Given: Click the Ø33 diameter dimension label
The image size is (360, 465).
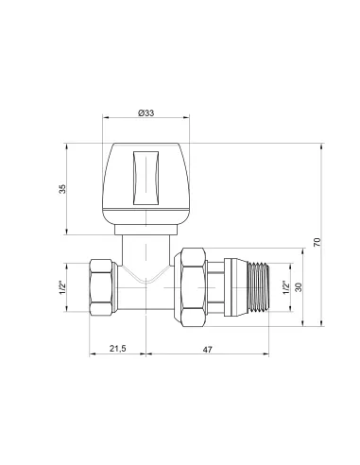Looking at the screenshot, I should click(146, 113).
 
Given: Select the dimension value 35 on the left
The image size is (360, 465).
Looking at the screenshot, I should click(63, 189).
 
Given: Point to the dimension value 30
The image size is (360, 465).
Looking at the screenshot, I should click(300, 287).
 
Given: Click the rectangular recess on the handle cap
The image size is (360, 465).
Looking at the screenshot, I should click(146, 179).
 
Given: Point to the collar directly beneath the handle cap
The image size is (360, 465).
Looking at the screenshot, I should click(146, 228).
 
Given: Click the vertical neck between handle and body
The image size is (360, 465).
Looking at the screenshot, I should click(146, 250).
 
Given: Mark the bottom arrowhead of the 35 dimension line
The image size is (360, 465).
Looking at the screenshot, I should click(69, 233).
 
